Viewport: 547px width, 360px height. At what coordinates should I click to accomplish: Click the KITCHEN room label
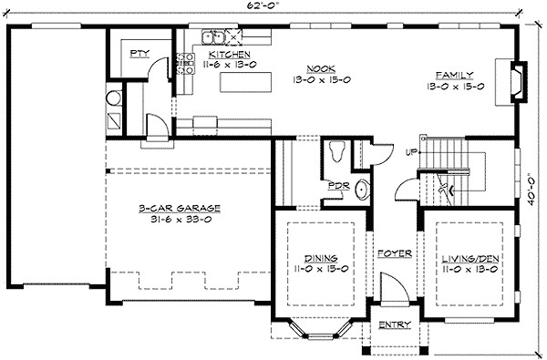coord(230,55)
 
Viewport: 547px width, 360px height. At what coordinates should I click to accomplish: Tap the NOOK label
coord(321,68)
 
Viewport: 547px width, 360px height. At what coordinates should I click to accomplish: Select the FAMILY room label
coord(455,75)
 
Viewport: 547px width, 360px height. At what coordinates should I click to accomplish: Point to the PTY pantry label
coord(139,54)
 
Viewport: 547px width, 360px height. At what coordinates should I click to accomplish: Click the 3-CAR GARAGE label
coord(180,209)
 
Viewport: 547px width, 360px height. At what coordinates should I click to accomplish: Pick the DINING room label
coord(321,259)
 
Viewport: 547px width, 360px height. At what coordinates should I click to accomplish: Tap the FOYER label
coord(395,253)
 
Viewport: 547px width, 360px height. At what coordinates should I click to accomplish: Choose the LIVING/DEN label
coord(470,259)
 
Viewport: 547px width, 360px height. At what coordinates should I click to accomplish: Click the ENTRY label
coord(395,325)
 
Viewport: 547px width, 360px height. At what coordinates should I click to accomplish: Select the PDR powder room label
coord(339,186)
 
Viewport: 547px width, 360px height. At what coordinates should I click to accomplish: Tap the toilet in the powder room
coord(337,151)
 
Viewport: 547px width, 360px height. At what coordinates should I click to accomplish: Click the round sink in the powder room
coord(363,190)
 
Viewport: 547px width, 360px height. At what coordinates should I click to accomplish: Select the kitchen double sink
coord(213,37)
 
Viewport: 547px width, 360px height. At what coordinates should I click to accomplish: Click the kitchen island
coord(245,82)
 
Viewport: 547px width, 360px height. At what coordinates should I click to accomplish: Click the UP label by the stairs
coord(411,152)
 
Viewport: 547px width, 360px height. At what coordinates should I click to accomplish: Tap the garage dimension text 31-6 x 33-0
coord(181,220)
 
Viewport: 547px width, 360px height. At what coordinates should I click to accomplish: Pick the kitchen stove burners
coord(185,64)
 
